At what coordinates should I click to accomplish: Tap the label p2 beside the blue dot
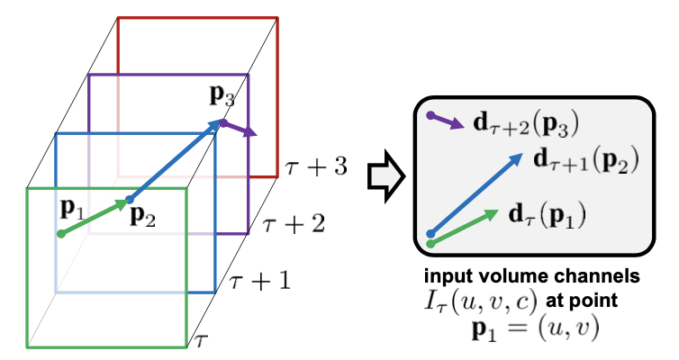click(140, 215)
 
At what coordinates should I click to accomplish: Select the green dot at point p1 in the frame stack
click(61, 234)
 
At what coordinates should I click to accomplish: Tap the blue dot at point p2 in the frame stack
click(129, 199)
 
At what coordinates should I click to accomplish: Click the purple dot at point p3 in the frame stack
click(222, 122)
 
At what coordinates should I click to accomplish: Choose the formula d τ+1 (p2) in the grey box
click(586, 161)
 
